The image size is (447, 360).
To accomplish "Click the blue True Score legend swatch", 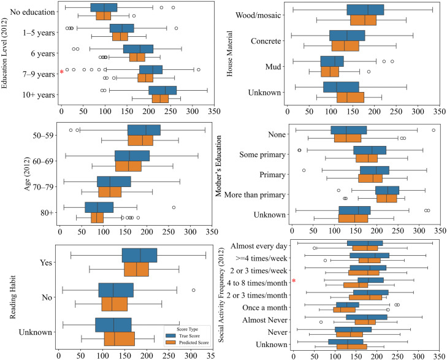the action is [171, 335].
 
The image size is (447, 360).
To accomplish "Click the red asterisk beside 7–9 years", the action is [61, 72].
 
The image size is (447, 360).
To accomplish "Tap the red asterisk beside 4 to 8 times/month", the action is [294, 281].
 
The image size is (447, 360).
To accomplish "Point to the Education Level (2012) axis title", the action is [4, 53].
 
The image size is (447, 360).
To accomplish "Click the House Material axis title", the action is [229, 53].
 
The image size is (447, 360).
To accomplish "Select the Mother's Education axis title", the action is [218, 166].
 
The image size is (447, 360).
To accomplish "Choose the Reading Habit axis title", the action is [13, 297].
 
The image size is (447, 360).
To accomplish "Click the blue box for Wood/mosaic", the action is [365, 10].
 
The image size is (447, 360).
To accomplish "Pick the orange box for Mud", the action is [330, 72].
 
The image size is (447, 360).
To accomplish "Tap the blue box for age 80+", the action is [99, 207].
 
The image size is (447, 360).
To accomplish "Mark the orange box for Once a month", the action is [344, 310].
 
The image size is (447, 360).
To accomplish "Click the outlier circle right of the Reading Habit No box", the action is [194, 290].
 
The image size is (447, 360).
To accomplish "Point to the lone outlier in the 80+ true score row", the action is [174, 207].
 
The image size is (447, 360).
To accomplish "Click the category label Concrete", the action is [266, 41].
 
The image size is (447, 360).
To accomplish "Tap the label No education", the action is [32, 12].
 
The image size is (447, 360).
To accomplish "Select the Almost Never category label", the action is [265, 320].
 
